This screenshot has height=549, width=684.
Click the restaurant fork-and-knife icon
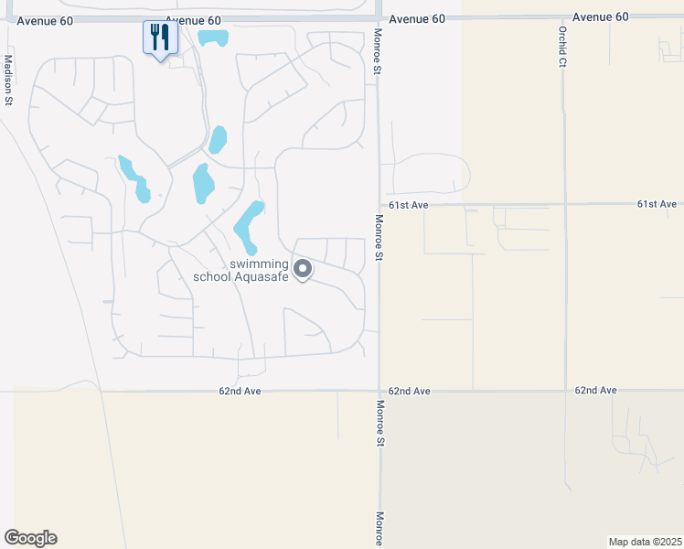pos(160,38)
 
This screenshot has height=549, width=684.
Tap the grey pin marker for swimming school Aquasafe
pos(304,270)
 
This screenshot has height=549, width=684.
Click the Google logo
pos(30,538)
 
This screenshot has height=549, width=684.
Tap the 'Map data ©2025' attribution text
pos(645,542)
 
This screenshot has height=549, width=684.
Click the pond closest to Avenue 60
pos(213,38)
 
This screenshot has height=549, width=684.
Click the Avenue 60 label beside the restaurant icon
pos(193,20)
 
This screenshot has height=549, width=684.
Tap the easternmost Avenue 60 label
pos(602,17)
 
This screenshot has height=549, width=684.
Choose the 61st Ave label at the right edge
pos(657,204)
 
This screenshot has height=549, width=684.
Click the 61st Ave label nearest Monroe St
pos(408,206)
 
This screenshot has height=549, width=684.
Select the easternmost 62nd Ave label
pos(595,391)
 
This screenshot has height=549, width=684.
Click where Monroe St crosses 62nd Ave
pos(379,391)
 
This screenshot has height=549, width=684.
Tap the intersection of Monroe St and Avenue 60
pos(379,16)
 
